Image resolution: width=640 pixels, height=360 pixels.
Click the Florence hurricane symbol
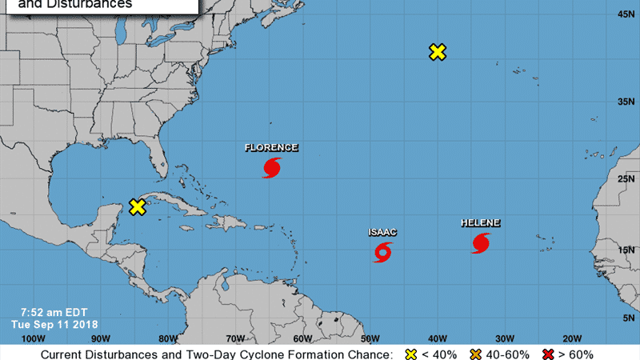point(272,168)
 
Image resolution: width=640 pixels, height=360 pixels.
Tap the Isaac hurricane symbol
point(383,253)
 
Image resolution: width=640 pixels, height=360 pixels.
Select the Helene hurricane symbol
point(481,243)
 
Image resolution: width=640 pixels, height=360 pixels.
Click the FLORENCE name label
point(271,148)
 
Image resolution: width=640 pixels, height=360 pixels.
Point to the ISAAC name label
point(382,233)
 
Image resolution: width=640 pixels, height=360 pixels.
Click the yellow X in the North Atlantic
point(437,52)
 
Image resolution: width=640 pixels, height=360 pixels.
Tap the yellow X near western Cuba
point(138,206)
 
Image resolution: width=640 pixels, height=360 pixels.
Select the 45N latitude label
point(626,14)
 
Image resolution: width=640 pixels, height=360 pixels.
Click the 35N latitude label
point(626,102)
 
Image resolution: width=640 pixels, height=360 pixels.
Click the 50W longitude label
point(370,338)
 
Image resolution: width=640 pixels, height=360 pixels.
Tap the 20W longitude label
point(572,338)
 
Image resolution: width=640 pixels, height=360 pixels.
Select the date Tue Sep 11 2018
point(53,325)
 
